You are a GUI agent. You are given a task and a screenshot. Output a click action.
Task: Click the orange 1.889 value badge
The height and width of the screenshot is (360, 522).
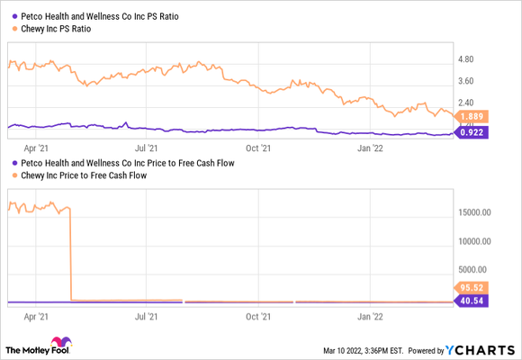click(x=472, y=117)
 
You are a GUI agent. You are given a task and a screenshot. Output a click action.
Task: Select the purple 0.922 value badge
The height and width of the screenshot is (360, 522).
click(x=472, y=133)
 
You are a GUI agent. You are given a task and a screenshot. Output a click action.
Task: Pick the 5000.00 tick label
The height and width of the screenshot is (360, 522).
click(x=476, y=269)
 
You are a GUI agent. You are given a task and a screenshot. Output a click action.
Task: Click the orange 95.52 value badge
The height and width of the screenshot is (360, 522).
click(x=472, y=288)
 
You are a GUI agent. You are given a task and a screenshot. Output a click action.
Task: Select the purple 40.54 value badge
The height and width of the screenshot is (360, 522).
click(x=472, y=301)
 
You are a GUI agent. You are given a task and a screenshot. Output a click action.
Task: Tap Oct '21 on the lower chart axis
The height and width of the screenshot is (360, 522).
click(x=258, y=317)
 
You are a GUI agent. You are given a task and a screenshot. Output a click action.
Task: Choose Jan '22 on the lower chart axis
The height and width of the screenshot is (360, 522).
click(x=369, y=317)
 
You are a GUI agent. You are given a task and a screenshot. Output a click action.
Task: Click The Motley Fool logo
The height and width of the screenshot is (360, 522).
click(x=40, y=346)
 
